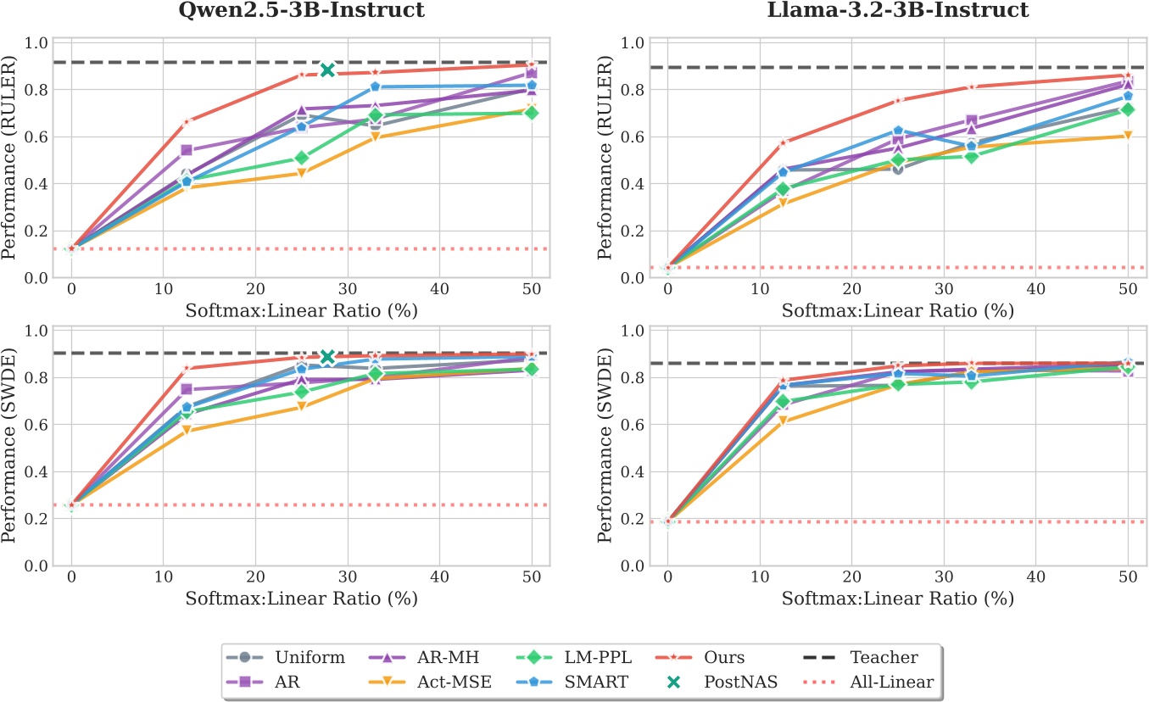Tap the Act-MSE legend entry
click(x=432, y=681)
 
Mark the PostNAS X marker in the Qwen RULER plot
click(x=327, y=70)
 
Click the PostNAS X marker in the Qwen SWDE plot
click(x=327, y=357)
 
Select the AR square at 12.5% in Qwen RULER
click(x=187, y=150)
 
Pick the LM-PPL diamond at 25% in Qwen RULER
click(x=301, y=158)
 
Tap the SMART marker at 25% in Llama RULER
click(x=898, y=131)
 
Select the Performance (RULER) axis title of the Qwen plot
click(x=10, y=158)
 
